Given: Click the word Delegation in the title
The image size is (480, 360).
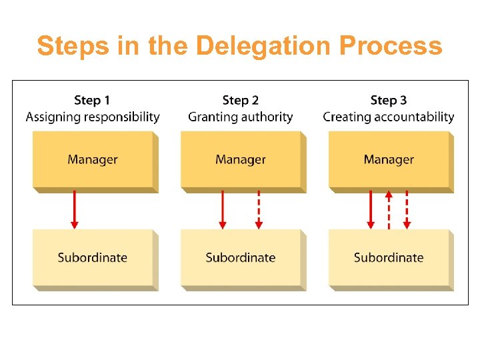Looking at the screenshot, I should click(x=264, y=47).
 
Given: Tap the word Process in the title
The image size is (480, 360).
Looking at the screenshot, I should click(x=390, y=47).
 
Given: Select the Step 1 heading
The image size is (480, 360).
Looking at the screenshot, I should click(x=92, y=100).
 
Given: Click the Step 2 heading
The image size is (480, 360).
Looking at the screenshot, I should click(x=240, y=100).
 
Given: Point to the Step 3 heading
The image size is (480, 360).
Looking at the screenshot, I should click(x=388, y=100).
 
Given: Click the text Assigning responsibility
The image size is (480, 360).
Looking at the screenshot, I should click(x=93, y=117).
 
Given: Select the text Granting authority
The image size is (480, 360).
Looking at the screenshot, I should click(x=240, y=117).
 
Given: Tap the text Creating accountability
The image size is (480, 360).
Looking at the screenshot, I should click(x=389, y=117).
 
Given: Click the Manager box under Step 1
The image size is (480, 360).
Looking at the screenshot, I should click(x=93, y=160).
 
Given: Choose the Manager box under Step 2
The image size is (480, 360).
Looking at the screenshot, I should click(x=241, y=160).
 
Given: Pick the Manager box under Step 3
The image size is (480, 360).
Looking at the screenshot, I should click(x=389, y=160).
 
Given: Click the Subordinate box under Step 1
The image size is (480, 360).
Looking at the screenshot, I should click(x=93, y=258).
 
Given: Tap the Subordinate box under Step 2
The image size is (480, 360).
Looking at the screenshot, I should click(x=241, y=258).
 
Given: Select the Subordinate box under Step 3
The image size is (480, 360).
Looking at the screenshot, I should click(x=389, y=258).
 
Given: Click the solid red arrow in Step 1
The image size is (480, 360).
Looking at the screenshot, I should click(x=74, y=209).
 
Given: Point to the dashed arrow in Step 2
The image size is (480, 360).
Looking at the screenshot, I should click(x=259, y=209).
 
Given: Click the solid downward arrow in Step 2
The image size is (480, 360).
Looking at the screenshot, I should click(x=223, y=209).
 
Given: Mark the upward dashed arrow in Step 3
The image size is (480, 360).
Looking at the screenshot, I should click(x=389, y=209).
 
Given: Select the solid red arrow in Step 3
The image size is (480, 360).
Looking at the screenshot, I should click(x=371, y=209).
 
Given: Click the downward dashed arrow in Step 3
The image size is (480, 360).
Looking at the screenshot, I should click(x=407, y=209).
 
